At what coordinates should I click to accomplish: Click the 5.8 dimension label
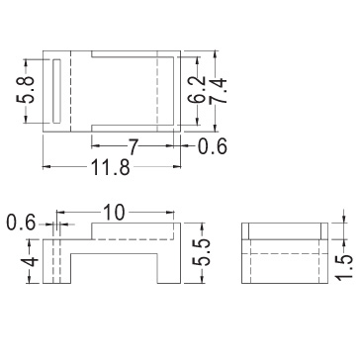click(26, 90)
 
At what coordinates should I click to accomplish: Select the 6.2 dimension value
click(198, 90)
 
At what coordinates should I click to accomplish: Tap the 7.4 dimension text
click(219, 90)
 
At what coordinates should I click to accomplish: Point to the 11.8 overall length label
click(110, 168)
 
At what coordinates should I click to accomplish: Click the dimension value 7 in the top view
click(133, 146)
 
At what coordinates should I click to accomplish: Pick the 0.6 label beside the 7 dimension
click(213, 146)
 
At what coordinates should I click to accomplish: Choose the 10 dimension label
click(115, 212)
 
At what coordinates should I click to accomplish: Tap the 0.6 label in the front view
click(21, 224)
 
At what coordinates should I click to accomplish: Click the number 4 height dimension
click(30, 262)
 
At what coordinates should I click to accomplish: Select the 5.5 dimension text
click(201, 253)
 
